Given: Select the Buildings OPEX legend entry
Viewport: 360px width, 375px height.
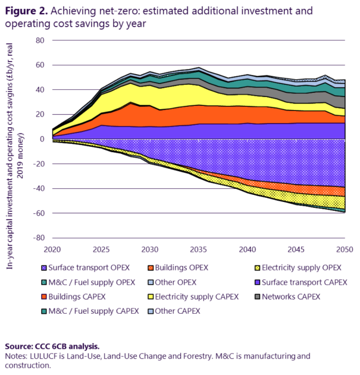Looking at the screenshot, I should (x=179, y=267).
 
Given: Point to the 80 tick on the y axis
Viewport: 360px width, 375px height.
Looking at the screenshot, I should (x=40, y=40).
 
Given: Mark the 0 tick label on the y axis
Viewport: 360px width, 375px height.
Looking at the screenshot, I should (x=42, y=139).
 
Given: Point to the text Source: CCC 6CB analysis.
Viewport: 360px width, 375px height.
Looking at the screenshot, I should (x=52, y=346).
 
